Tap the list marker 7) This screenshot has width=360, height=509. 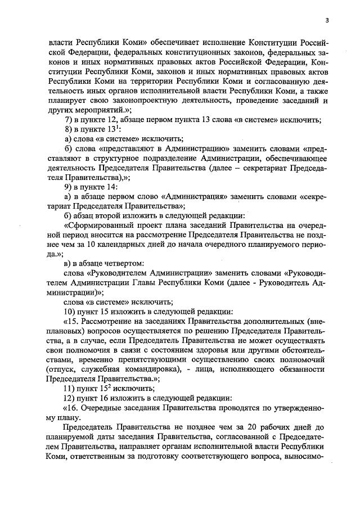click(69, 120)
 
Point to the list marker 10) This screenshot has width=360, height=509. click(71, 311)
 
